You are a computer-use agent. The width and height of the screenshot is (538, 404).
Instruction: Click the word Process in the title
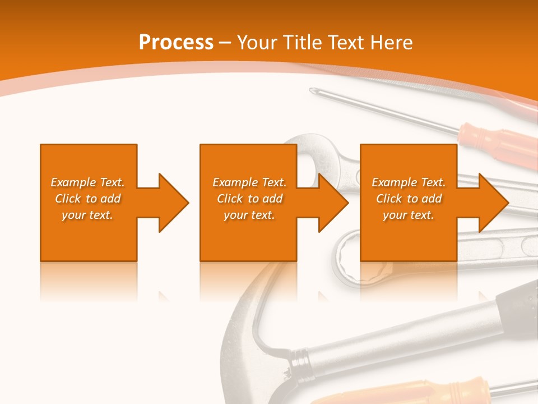tap(176, 43)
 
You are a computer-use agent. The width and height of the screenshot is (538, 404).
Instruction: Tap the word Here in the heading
tap(391, 43)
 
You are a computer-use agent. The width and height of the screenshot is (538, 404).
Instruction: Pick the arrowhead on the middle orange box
tap(333, 203)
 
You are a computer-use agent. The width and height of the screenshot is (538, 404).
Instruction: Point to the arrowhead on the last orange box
tap(493, 203)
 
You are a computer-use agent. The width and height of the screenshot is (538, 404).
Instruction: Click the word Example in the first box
tap(73, 182)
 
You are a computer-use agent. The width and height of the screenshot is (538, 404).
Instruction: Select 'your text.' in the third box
tap(408, 215)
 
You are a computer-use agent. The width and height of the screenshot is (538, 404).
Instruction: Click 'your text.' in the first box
tap(87, 215)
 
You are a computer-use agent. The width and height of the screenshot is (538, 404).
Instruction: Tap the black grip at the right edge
tap(524, 309)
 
